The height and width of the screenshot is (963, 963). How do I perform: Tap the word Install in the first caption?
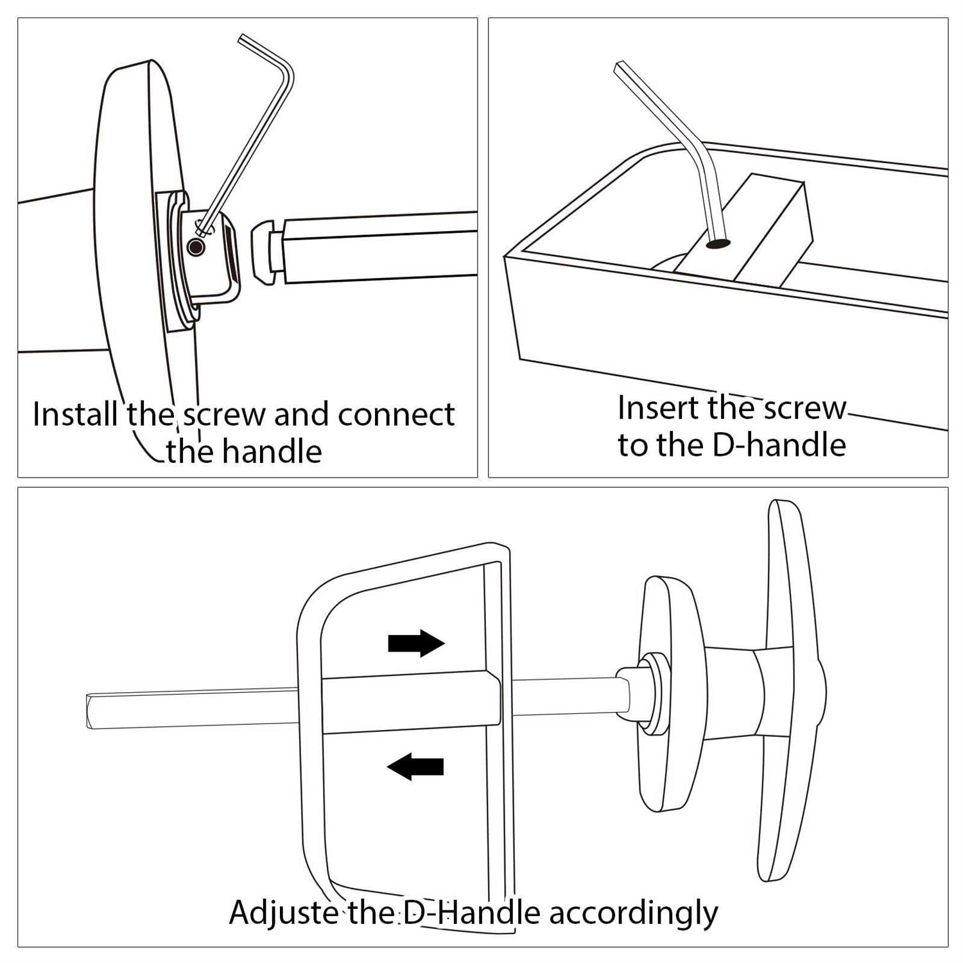click(74, 414)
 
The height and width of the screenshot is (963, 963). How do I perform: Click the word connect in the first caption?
click(396, 415)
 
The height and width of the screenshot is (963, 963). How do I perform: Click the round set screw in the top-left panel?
click(196, 247)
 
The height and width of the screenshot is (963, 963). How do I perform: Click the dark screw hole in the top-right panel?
click(718, 244)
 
